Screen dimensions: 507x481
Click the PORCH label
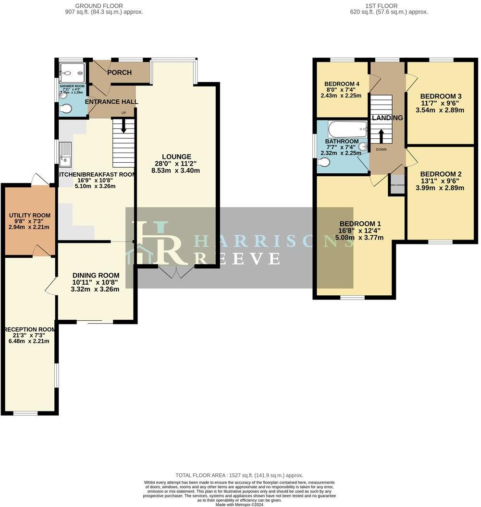point(119,72)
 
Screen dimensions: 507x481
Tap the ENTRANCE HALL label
point(111,102)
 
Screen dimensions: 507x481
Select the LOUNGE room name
point(176,157)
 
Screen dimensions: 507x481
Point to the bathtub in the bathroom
point(347,129)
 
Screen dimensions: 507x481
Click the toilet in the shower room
point(65,109)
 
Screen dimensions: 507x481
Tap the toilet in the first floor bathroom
point(324,163)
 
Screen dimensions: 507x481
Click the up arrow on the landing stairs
point(382,136)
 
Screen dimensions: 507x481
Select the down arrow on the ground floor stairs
point(123,126)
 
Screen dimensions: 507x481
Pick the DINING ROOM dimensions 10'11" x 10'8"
point(95,282)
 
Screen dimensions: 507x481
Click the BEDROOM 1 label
point(360,224)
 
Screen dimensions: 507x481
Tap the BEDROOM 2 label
point(440,174)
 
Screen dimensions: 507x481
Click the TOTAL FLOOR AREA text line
point(239,475)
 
